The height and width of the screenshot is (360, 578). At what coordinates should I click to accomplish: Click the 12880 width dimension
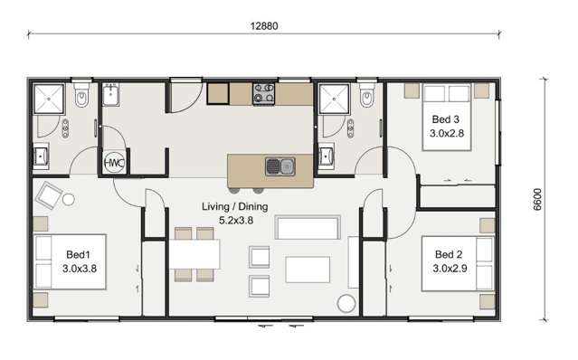click(x=264, y=25)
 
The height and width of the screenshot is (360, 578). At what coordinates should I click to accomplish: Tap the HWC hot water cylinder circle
click(x=114, y=163)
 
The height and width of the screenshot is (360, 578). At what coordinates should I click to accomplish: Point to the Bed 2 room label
click(x=450, y=254)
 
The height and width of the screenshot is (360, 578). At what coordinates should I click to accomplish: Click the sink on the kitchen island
click(x=279, y=166)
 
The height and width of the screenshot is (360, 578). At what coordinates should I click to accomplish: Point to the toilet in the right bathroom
click(x=366, y=96)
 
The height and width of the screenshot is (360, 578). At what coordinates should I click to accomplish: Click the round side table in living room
click(x=345, y=304)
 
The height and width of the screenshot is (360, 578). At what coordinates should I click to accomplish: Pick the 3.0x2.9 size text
click(x=450, y=268)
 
